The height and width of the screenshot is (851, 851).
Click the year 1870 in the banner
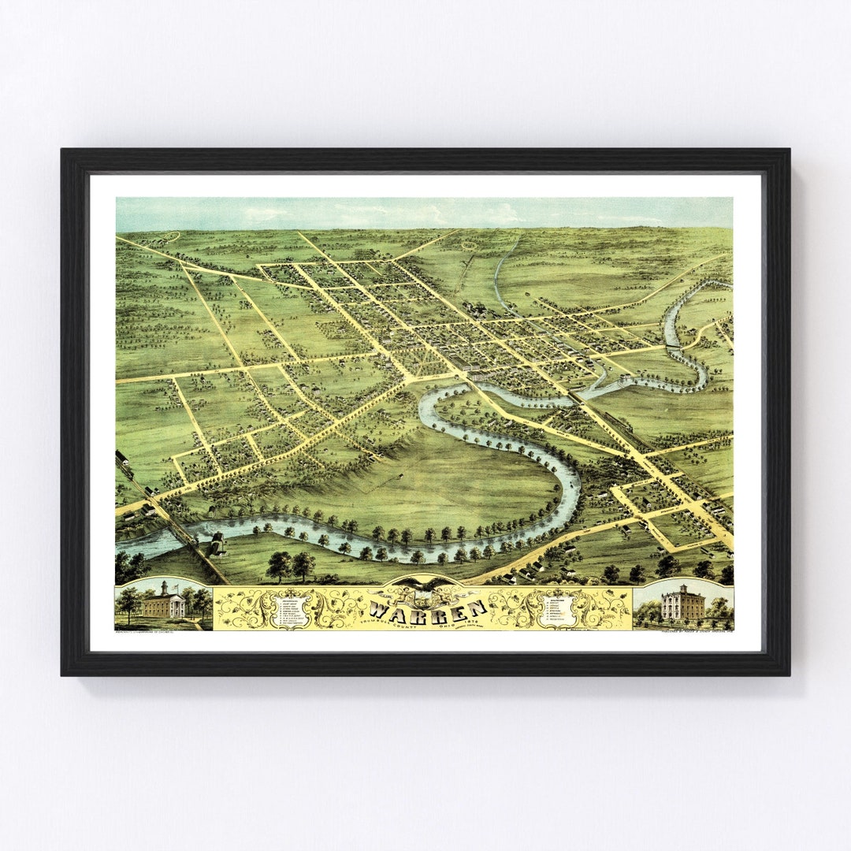tap(470, 620)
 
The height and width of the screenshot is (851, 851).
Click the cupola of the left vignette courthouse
tap(163, 588)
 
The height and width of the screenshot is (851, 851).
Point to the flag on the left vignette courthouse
tap(163, 582)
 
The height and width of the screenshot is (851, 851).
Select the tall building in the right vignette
tap(682, 603)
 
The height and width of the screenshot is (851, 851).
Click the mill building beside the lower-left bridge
tap(216, 544)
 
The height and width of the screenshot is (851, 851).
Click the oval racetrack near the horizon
tap(470, 246)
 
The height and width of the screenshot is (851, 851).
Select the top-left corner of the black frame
tap(63, 151)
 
